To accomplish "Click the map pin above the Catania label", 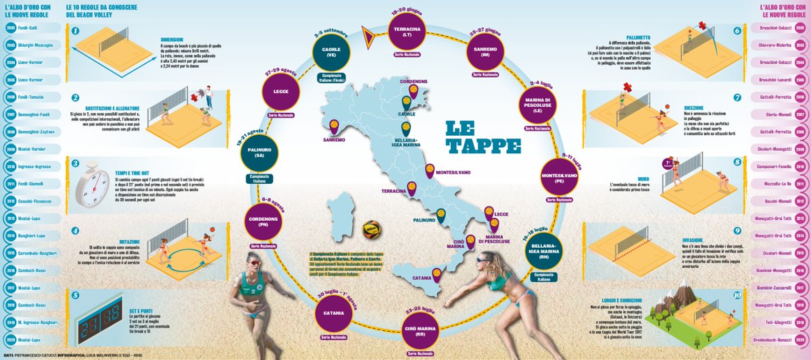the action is pyautogui.click(x=436, y=274).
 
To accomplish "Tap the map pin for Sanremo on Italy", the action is pyautogui.click(x=334, y=127).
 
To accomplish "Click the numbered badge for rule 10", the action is pyautogui.click(x=737, y=295).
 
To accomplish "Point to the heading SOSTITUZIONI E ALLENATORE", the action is pyautogui.click(x=113, y=107).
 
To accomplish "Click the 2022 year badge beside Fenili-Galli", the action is pyautogui.click(x=11, y=28).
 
